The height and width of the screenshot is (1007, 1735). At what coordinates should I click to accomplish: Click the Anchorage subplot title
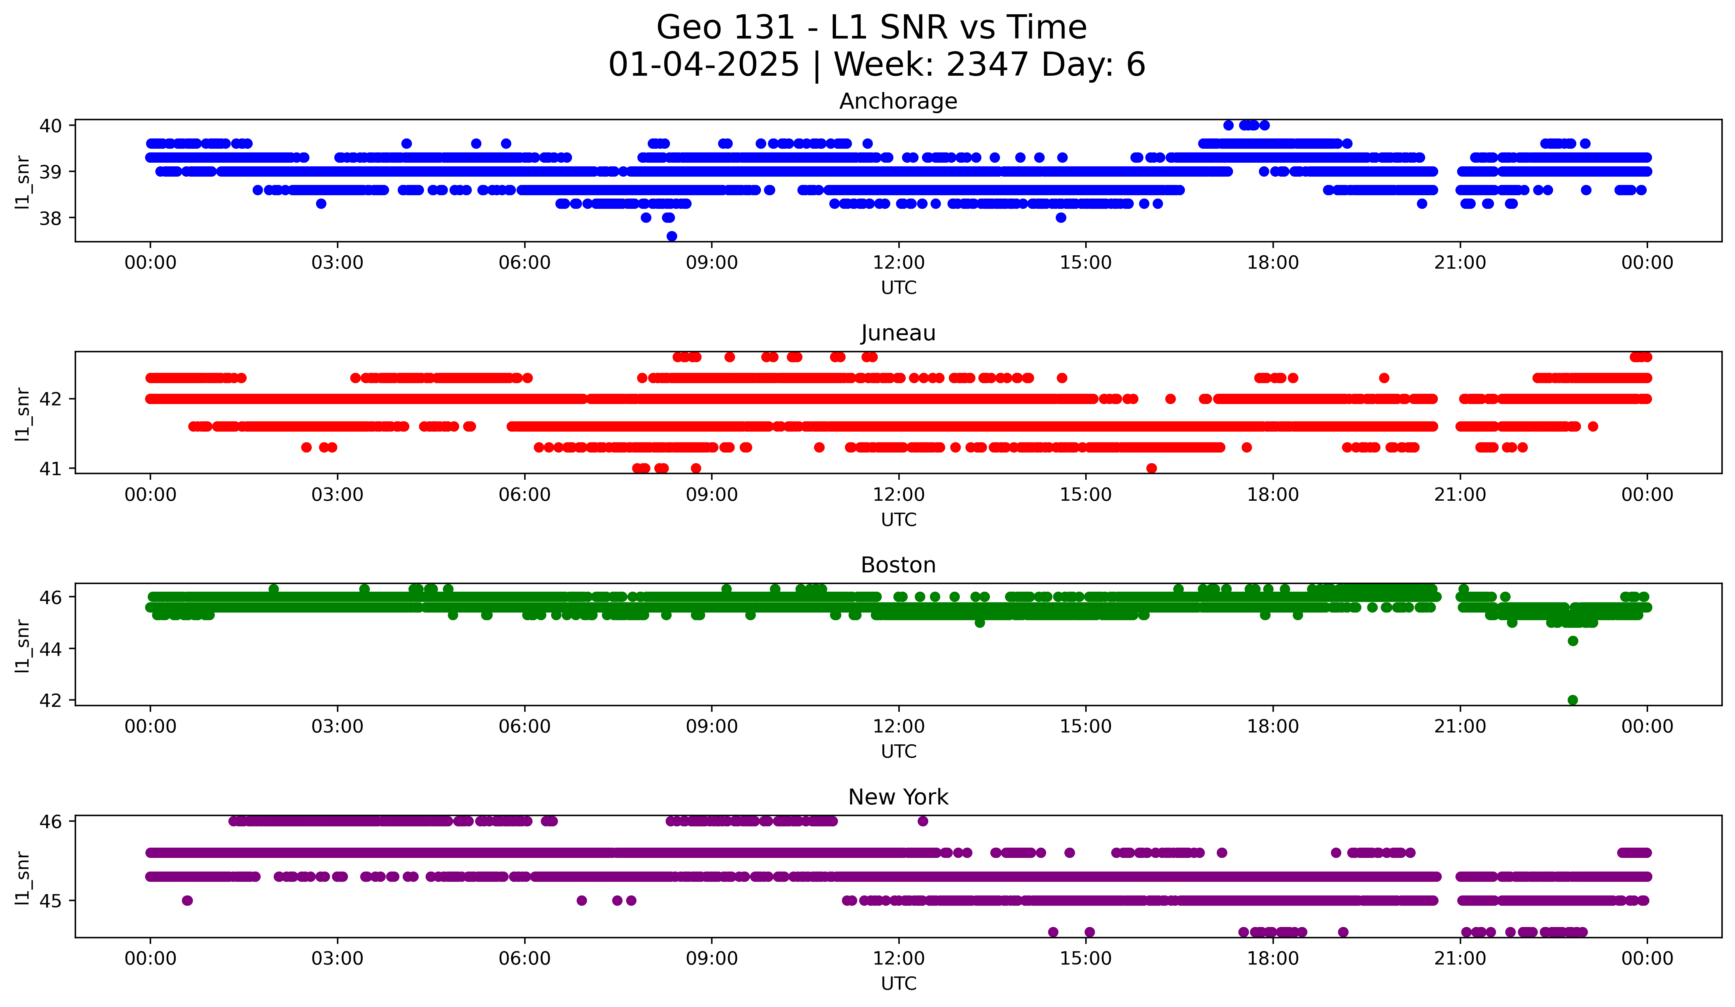click(898, 101)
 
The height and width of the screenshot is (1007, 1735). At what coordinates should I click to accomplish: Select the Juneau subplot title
click(898, 333)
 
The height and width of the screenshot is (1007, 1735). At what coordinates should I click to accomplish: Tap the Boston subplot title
click(898, 565)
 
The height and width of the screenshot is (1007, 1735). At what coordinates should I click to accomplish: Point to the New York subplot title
click(898, 797)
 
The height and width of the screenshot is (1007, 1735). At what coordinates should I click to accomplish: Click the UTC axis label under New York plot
click(898, 984)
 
